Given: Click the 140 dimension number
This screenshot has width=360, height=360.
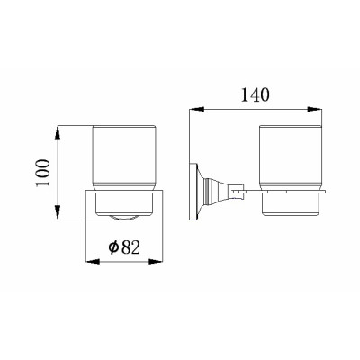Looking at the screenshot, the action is (256, 95).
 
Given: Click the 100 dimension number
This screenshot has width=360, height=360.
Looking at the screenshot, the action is (43, 173).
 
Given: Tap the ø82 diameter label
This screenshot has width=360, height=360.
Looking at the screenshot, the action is (124, 248).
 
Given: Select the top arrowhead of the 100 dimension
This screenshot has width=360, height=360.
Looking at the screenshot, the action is (58, 133).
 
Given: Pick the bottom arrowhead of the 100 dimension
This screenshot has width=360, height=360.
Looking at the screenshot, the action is (58, 212).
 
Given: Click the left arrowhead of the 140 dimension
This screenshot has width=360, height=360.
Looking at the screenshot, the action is (197, 109).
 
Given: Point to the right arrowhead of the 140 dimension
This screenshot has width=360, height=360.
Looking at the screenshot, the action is (314, 109).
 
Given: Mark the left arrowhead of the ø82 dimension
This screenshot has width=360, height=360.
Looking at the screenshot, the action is (93, 262).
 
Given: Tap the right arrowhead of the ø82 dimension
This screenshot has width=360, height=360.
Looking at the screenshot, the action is (156, 262).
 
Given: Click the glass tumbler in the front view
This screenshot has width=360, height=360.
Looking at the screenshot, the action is (123, 158).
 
